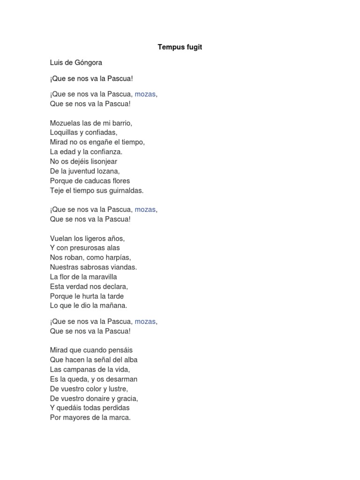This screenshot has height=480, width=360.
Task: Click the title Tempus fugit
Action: tap(180, 47)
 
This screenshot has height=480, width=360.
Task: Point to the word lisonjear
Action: tap(103, 162)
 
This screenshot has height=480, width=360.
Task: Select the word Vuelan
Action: tap(60, 239)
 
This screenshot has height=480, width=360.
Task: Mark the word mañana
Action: tap(113, 306)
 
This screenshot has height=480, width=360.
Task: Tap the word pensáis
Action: tap(122, 350)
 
